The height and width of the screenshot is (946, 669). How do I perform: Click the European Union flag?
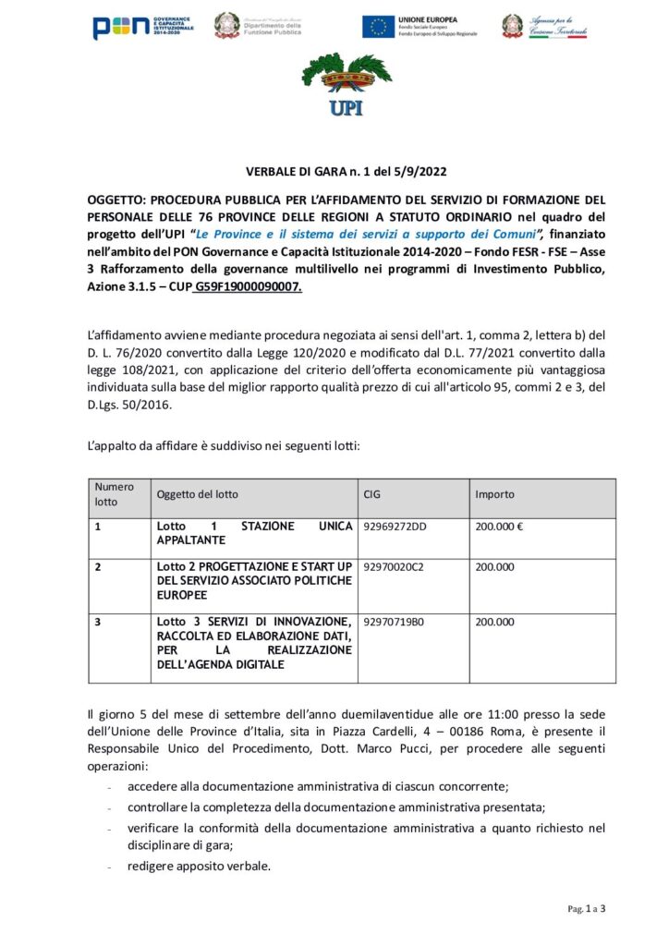[x=377, y=26]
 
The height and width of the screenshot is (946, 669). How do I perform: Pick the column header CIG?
[x=372, y=494]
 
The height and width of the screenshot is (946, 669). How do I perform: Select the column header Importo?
[x=494, y=494]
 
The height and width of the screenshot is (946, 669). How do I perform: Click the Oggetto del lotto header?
[x=197, y=494]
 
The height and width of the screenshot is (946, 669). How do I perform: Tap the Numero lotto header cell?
[x=115, y=494]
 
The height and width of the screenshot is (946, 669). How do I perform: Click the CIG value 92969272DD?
[x=395, y=527]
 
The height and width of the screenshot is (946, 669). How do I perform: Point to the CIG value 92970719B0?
[x=394, y=622]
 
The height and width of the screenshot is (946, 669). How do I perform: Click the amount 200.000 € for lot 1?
[x=500, y=527]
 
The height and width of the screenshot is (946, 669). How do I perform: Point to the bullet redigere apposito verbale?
[x=199, y=867]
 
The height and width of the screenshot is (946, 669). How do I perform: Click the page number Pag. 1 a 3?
[x=587, y=910]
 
